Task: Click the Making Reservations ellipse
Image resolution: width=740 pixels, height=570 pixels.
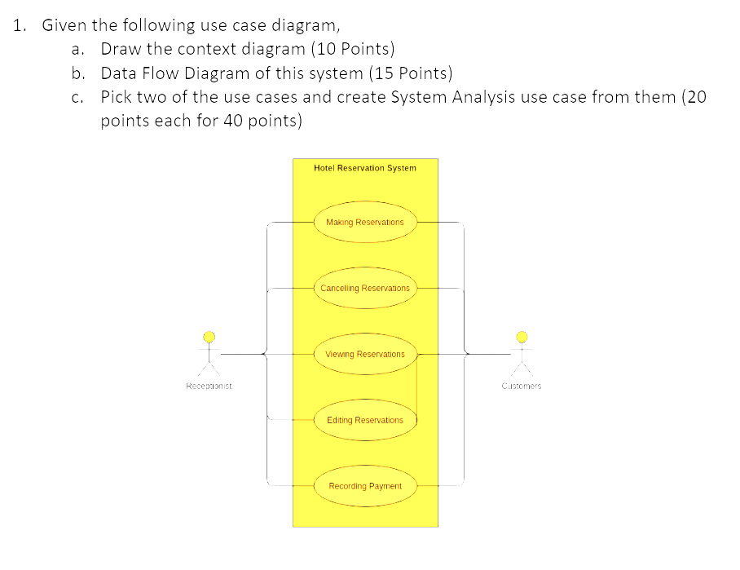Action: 364,222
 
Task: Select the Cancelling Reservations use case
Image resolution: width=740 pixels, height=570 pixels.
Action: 364,288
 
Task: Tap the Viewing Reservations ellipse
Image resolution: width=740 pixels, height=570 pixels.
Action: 364,354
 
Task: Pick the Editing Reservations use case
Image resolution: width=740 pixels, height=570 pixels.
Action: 364,420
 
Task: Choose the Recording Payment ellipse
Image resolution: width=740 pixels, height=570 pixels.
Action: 364,486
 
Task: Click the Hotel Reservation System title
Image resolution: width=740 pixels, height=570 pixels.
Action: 364,168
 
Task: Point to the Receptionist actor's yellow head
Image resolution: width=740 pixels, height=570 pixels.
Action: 209,337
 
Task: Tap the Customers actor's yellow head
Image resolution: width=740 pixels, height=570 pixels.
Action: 522,337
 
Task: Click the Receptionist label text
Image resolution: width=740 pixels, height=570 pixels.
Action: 209,386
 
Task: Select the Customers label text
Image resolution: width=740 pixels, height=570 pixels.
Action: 522,386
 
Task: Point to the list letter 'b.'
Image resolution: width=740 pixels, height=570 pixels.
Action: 78,73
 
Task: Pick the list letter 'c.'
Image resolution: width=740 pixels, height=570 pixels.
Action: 78,97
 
